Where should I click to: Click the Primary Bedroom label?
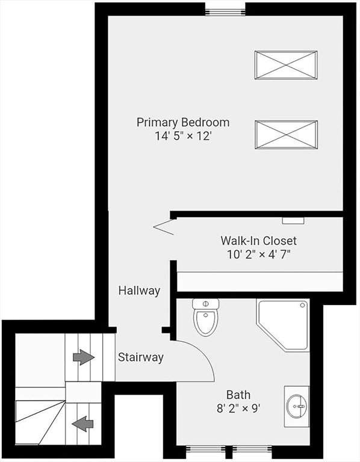click(183, 123)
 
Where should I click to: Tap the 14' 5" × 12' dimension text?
click(184, 136)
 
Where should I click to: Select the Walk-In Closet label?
click(259, 241)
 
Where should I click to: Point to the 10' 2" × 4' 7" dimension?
click(259, 254)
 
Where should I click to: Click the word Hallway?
click(139, 291)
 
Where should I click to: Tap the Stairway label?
click(141, 357)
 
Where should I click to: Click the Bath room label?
click(238, 395)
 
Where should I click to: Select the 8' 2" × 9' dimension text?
click(238, 408)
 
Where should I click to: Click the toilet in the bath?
click(205, 318)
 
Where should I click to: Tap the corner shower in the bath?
click(283, 325)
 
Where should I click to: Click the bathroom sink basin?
click(298, 406)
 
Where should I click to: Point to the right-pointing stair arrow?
click(84, 357)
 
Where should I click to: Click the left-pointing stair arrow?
click(83, 424)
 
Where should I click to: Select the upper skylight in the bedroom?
click(286, 65)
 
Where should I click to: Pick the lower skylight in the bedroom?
click(286, 135)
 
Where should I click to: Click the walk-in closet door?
click(163, 227)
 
